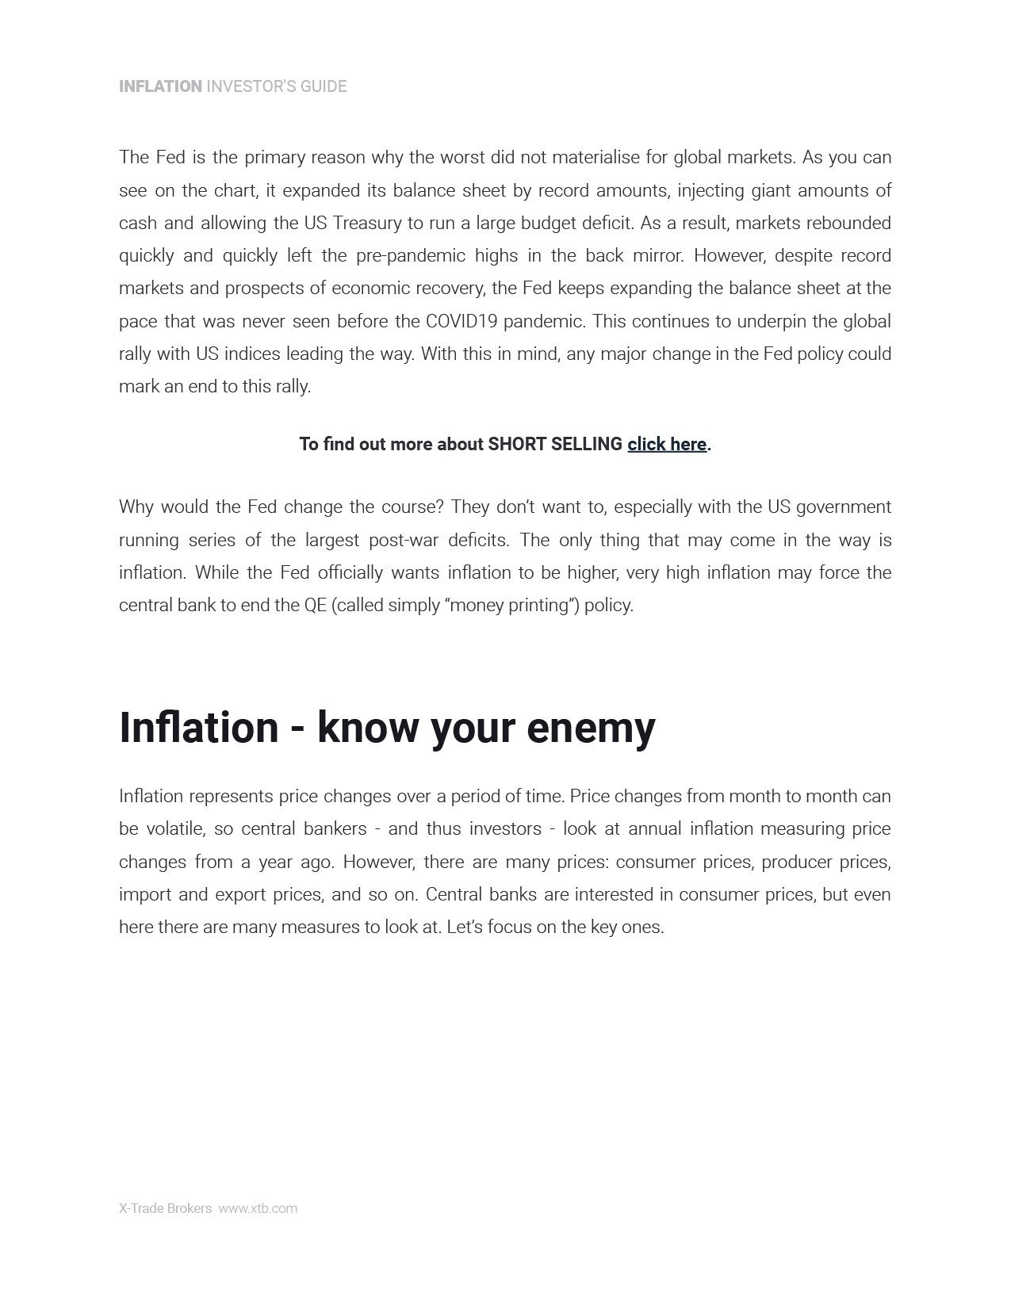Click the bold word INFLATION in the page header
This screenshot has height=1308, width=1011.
(x=160, y=86)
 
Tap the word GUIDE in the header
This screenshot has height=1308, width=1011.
(x=323, y=86)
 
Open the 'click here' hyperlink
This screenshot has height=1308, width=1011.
(x=666, y=444)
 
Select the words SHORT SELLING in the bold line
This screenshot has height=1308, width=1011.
(x=555, y=444)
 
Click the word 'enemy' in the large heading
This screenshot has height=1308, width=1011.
(x=591, y=728)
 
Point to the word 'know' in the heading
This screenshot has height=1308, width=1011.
(x=367, y=728)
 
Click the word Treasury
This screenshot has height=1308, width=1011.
(x=366, y=223)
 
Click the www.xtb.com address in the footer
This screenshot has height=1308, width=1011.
(x=258, y=1208)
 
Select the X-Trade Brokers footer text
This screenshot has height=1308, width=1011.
(x=165, y=1208)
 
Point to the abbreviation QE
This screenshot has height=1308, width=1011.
(x=315, y=606)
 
